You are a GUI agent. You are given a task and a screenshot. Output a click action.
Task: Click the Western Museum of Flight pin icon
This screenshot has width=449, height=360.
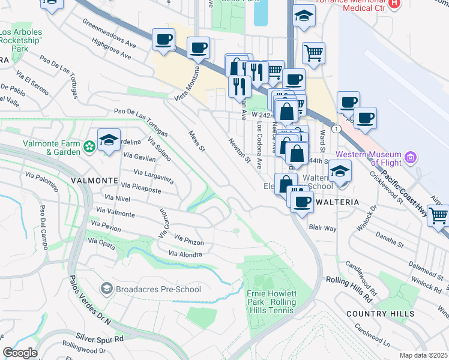(411, 158)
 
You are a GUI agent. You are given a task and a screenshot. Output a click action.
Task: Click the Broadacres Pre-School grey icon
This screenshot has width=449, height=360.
(107, 289)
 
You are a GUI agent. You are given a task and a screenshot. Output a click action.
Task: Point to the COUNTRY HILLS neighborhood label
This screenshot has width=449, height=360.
(380, 314)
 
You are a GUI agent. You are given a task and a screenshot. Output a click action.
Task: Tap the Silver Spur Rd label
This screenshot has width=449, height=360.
(100, 338)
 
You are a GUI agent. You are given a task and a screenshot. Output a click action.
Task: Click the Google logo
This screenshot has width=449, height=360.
(20, 353)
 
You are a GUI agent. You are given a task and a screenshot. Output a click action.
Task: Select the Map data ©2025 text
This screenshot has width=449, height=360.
(424, 355)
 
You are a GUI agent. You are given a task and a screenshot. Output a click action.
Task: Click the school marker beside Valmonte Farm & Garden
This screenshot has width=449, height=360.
(109, 141)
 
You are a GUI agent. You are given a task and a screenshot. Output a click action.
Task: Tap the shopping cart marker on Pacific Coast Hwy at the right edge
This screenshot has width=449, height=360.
(439, 215)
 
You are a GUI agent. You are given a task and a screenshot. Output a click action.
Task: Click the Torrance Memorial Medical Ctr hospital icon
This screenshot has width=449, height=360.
(394, 3)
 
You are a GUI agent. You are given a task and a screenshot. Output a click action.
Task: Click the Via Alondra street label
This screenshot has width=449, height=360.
(185, 254)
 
